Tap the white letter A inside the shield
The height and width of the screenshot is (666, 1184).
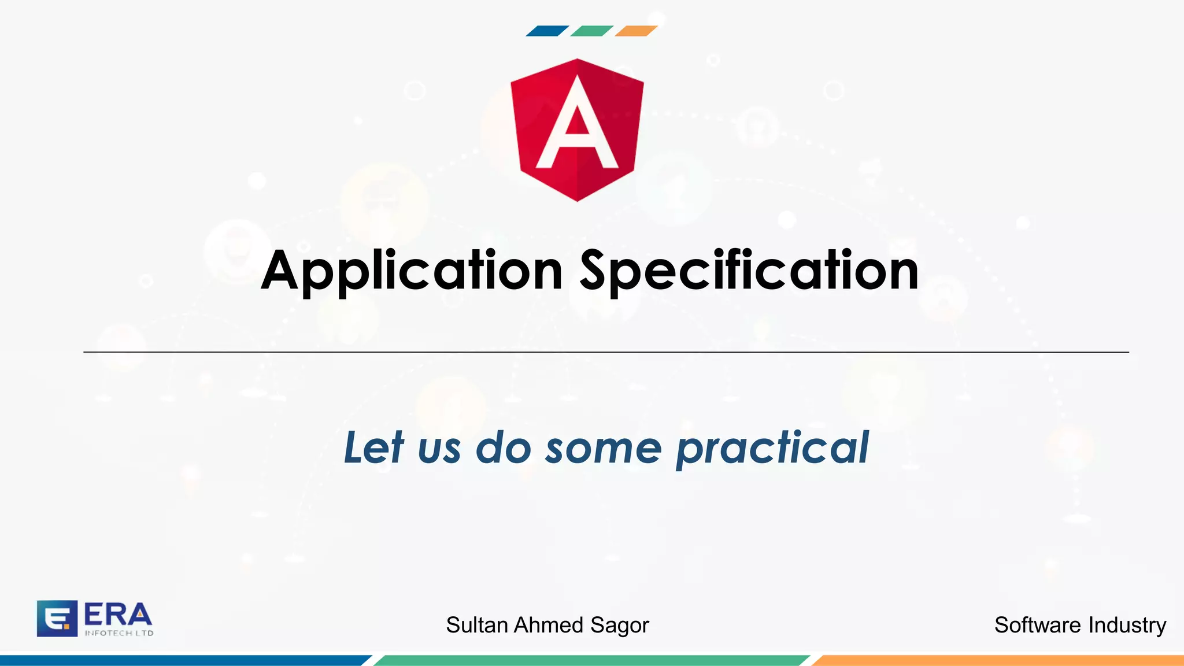[577, 125]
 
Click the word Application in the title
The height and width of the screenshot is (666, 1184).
[412, 271]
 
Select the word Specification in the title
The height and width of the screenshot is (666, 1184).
[749, 271]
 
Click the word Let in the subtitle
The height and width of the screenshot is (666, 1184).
[373, 447]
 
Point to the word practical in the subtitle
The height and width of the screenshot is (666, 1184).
[772, 447]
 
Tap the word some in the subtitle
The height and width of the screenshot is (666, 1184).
[603, 449]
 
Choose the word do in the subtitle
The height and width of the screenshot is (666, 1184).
[503, 447]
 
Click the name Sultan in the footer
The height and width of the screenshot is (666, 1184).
[477, 625]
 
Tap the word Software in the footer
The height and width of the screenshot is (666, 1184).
[1037, 625]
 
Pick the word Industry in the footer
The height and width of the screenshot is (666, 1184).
[1127, 626]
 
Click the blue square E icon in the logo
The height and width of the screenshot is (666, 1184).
[57, 618]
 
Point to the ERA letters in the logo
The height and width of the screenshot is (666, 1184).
[118, 615]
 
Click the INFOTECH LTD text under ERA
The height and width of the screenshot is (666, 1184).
[119, 633]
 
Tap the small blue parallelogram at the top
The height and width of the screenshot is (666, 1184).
[547, 31]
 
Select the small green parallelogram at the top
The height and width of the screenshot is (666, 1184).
[591, 31]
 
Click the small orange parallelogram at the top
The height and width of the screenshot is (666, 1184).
[635, 31]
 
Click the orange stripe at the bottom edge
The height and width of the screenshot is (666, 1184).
[997, 660]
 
